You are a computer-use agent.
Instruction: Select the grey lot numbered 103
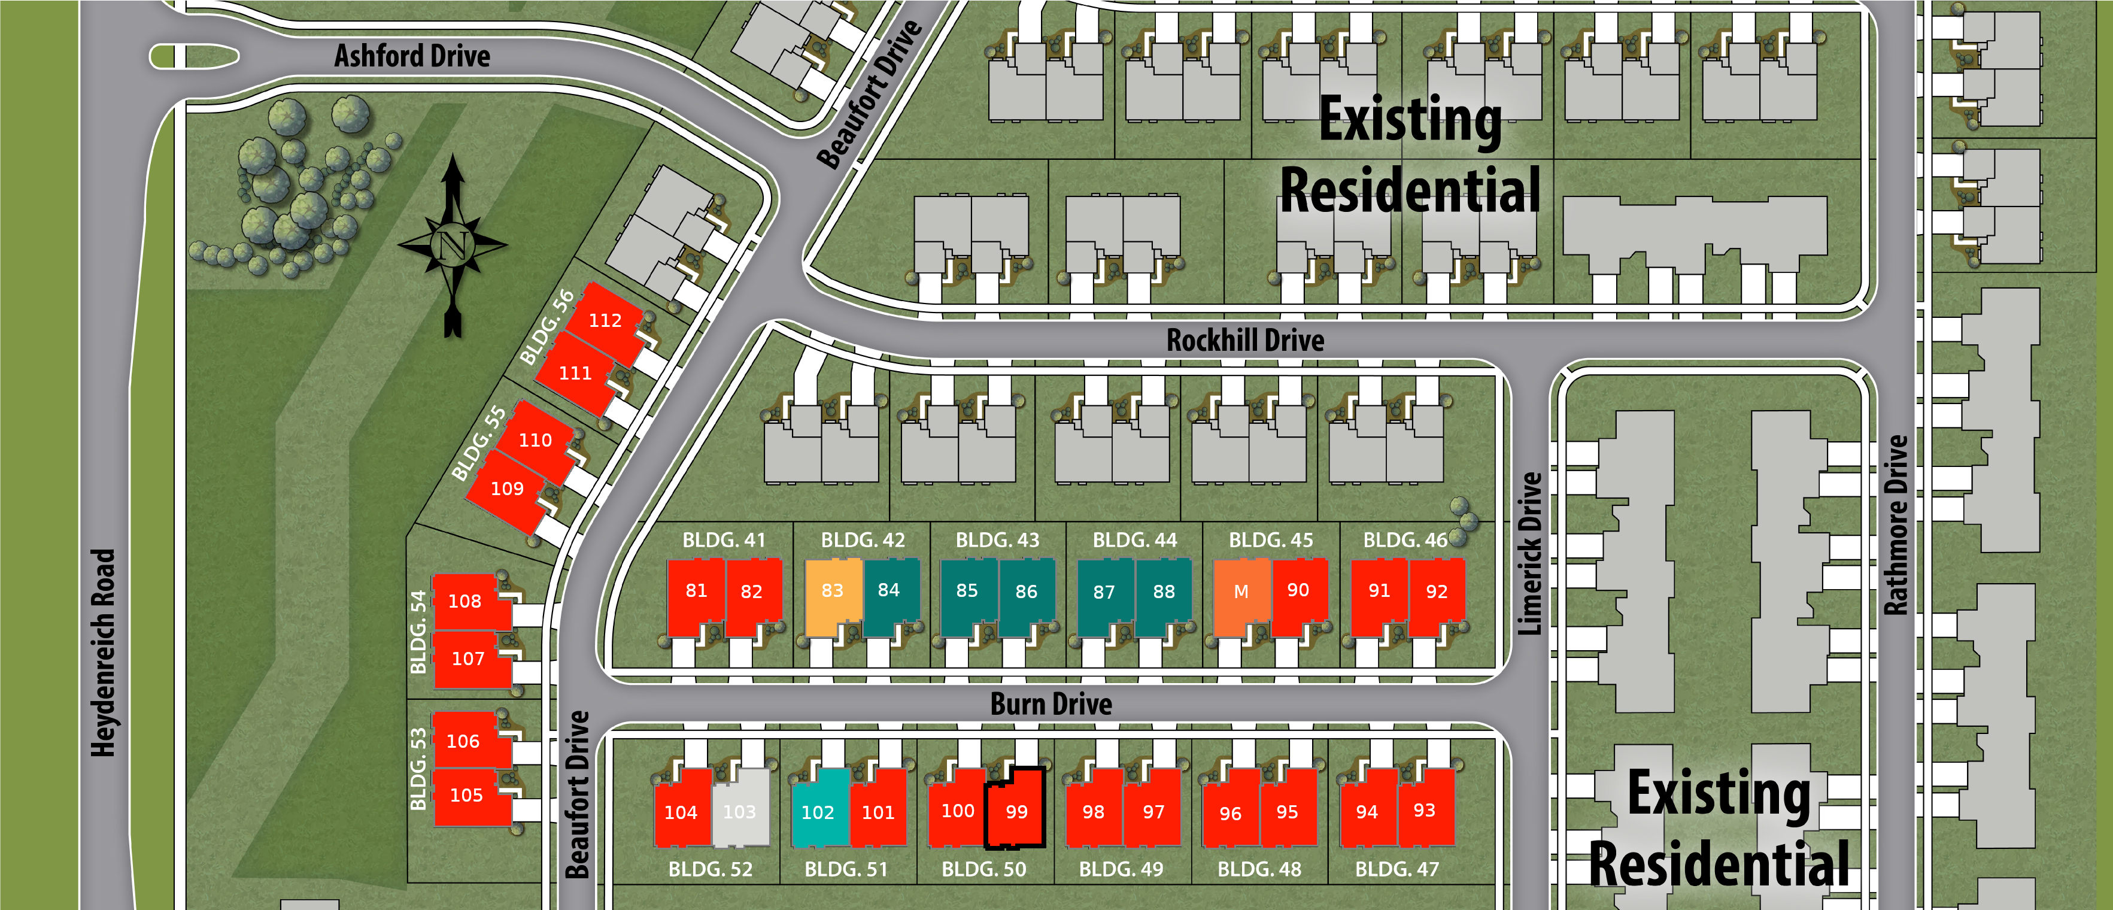(x=740, y=810)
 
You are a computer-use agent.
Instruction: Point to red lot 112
(x=605, y=321)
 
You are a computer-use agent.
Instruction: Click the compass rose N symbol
(x=453, y=244)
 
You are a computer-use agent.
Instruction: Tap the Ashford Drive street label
(x=412, y=56)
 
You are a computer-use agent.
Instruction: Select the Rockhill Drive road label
(x=1244, y=339)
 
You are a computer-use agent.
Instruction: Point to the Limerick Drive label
(x=1530, y=553)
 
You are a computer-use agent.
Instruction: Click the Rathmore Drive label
(x=1896, y=525)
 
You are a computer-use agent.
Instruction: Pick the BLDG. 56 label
(x=547, y=327)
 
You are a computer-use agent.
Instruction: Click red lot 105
(x=466, y=795)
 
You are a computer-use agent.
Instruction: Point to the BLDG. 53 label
(x=418, y=769)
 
